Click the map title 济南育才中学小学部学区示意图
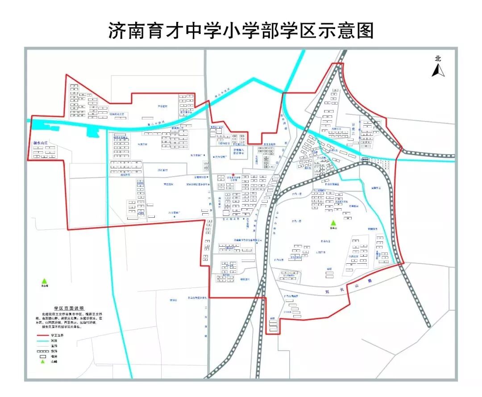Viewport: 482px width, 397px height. tap(241, 30)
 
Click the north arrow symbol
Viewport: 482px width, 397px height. tap(438, 70)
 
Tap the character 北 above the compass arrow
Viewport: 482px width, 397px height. tap(438, 58)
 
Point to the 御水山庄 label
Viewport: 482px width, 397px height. tap(43, 144)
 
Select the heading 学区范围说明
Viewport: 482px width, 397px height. tap(69, 308)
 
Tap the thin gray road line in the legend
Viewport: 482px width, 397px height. tap(42, 346)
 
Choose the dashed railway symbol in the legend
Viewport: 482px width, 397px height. tap(42, 351)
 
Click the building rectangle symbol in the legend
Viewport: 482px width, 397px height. tap(42, 356)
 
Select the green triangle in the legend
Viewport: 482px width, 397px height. tap(43, 362)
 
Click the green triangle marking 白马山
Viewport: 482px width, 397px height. tap(332, 223)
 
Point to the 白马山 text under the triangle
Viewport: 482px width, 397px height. tap(332, 228)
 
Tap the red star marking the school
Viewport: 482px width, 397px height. tap(233, 175)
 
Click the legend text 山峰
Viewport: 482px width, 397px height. tap(54, 362)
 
